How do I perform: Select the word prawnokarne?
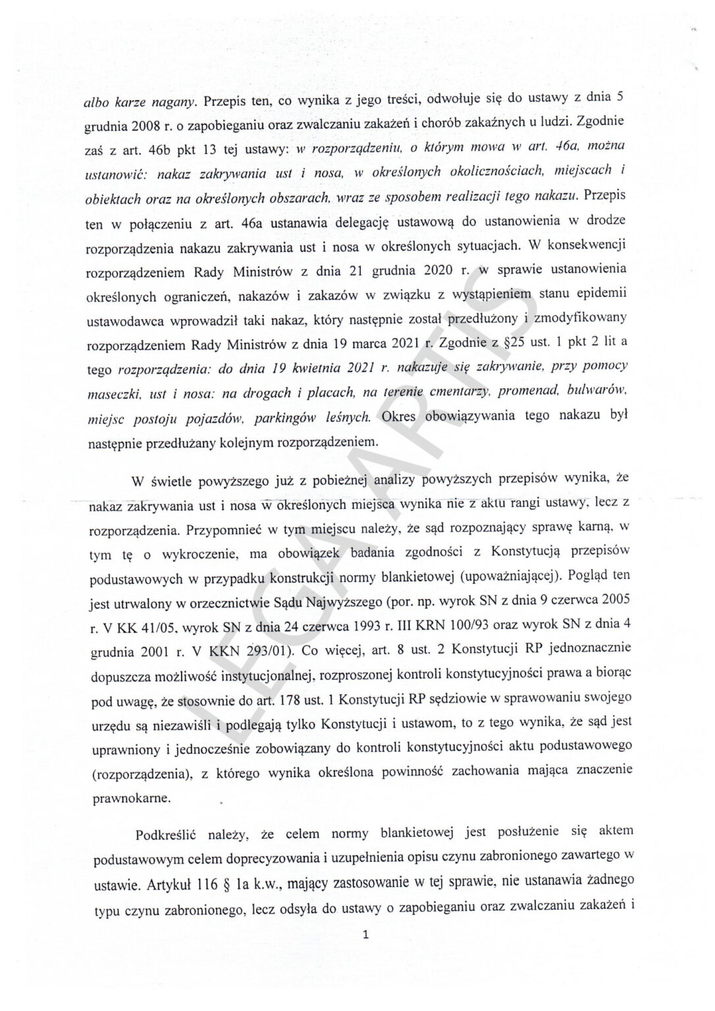point(122,798)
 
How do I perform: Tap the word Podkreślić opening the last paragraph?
point(169,837)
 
